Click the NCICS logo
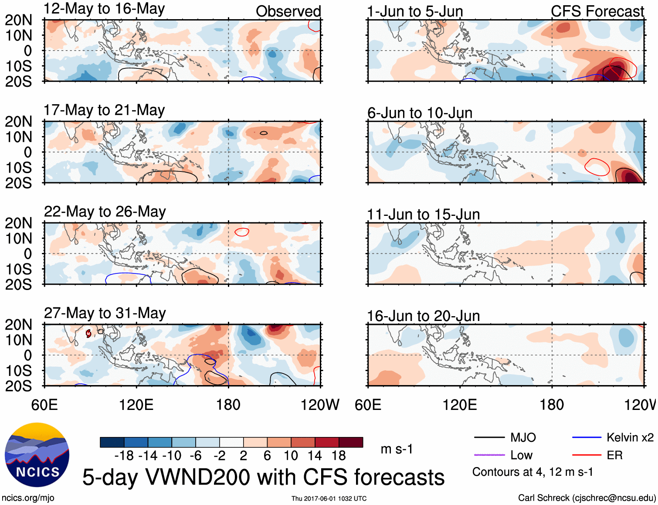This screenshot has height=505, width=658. click(x=37, y=455)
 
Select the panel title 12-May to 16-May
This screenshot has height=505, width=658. click(x=104, y=9)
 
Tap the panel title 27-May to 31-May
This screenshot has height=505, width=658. click(x=105, y=313)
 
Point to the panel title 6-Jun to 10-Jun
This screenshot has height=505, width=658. click(x=420, y=113)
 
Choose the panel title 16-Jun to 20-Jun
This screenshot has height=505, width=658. click(x=423, y=316)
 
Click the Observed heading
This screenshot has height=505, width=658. click(x=288, y=11)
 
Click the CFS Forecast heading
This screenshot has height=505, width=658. click(x=597, y=11)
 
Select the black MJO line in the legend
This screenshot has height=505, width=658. click(x=489, y=437)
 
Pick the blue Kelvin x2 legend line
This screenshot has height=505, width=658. click(x=587, y=437)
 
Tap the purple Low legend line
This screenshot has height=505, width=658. click(x=489, y=455)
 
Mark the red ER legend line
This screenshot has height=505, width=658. click(x=587, y=455)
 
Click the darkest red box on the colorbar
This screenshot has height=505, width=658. click(x=351, y=442)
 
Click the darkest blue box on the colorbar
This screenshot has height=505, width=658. click(x=112, y=442)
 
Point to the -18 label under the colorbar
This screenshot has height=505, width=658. click(x=124, y=456)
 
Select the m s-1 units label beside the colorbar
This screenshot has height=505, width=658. click(x=397, y=449)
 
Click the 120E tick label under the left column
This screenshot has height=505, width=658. click(x=136, y=405)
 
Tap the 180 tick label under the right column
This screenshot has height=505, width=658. click(x=552, y=405)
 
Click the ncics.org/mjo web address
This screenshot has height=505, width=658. click(x=28, y=498)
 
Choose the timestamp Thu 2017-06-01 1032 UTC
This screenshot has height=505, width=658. click(x=329, y=498)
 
